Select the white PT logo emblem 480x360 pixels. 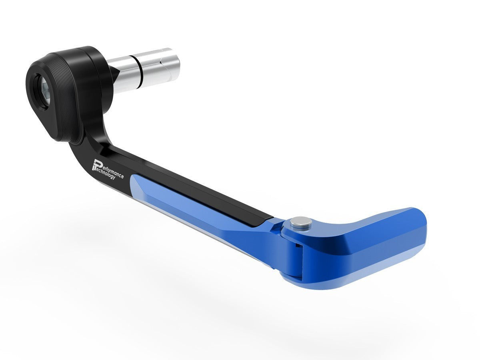[97, 164]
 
